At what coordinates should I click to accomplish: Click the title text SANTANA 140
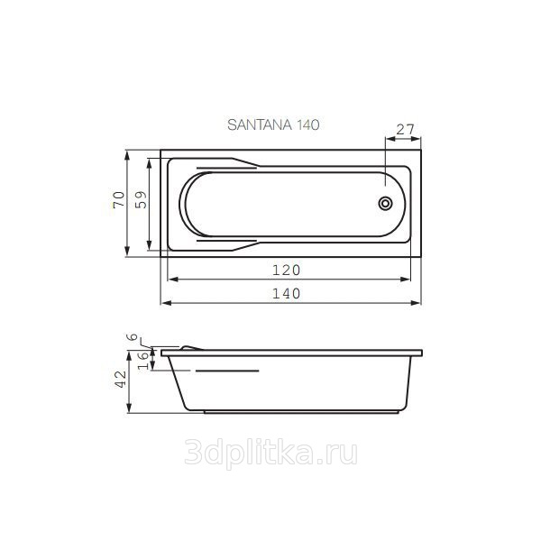coord(273,124)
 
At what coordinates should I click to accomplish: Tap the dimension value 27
coord(405,130)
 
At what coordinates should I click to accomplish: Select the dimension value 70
coord(119,199)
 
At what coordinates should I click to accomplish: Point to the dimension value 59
coord(141,199)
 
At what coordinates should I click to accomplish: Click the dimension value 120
coord(287,270)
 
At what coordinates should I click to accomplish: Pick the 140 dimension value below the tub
coord(287,294)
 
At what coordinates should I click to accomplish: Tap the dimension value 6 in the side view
coord(133,337)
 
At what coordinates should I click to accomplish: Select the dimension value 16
coord(143,360)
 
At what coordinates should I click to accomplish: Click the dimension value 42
coord(121,380)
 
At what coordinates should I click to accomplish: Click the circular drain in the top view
coord(385,203)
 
